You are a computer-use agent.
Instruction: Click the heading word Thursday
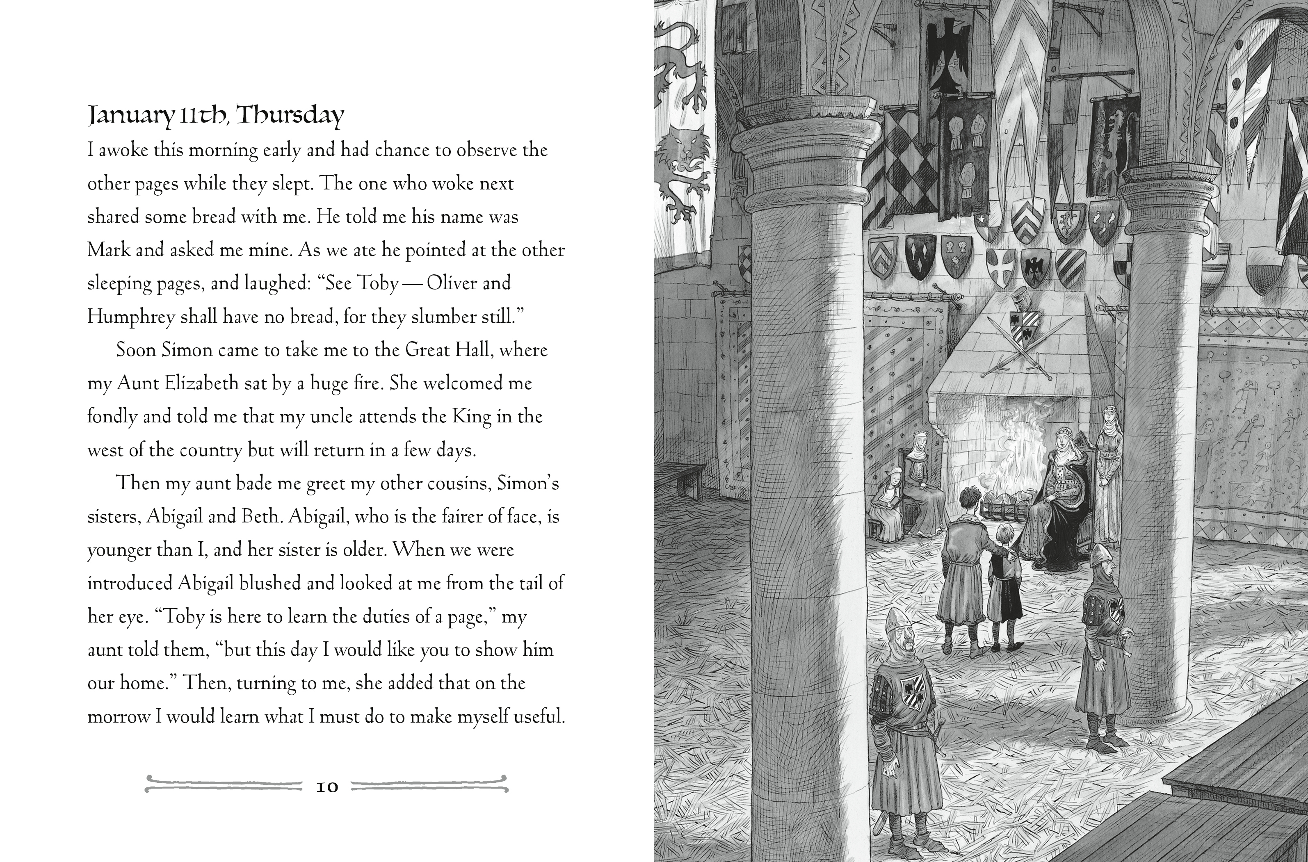click(290, 116)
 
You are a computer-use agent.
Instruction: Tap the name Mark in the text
click(108, 250)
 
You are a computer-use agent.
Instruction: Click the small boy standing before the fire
click(1004, 583)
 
